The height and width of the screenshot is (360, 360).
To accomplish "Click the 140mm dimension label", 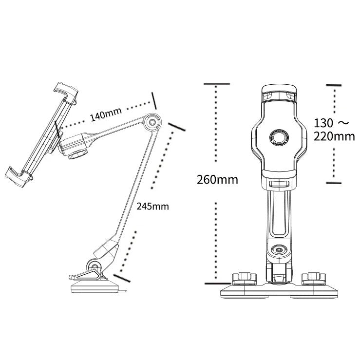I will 105,114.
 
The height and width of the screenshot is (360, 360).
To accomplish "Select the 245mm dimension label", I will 152,206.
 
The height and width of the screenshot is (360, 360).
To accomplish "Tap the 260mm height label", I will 217,179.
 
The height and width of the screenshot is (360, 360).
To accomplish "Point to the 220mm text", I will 334,136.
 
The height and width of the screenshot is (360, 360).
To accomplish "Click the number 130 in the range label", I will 323,122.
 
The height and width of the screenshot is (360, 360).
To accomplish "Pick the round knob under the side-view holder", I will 77,155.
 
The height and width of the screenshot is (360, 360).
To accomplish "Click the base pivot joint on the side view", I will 94,266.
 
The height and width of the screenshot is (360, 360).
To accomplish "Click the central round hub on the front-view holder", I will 278,137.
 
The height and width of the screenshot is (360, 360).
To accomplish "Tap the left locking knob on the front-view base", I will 244,279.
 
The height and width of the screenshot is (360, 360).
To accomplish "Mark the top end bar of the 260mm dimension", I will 217,84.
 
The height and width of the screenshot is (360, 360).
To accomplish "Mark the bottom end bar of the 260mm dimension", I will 217,283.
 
